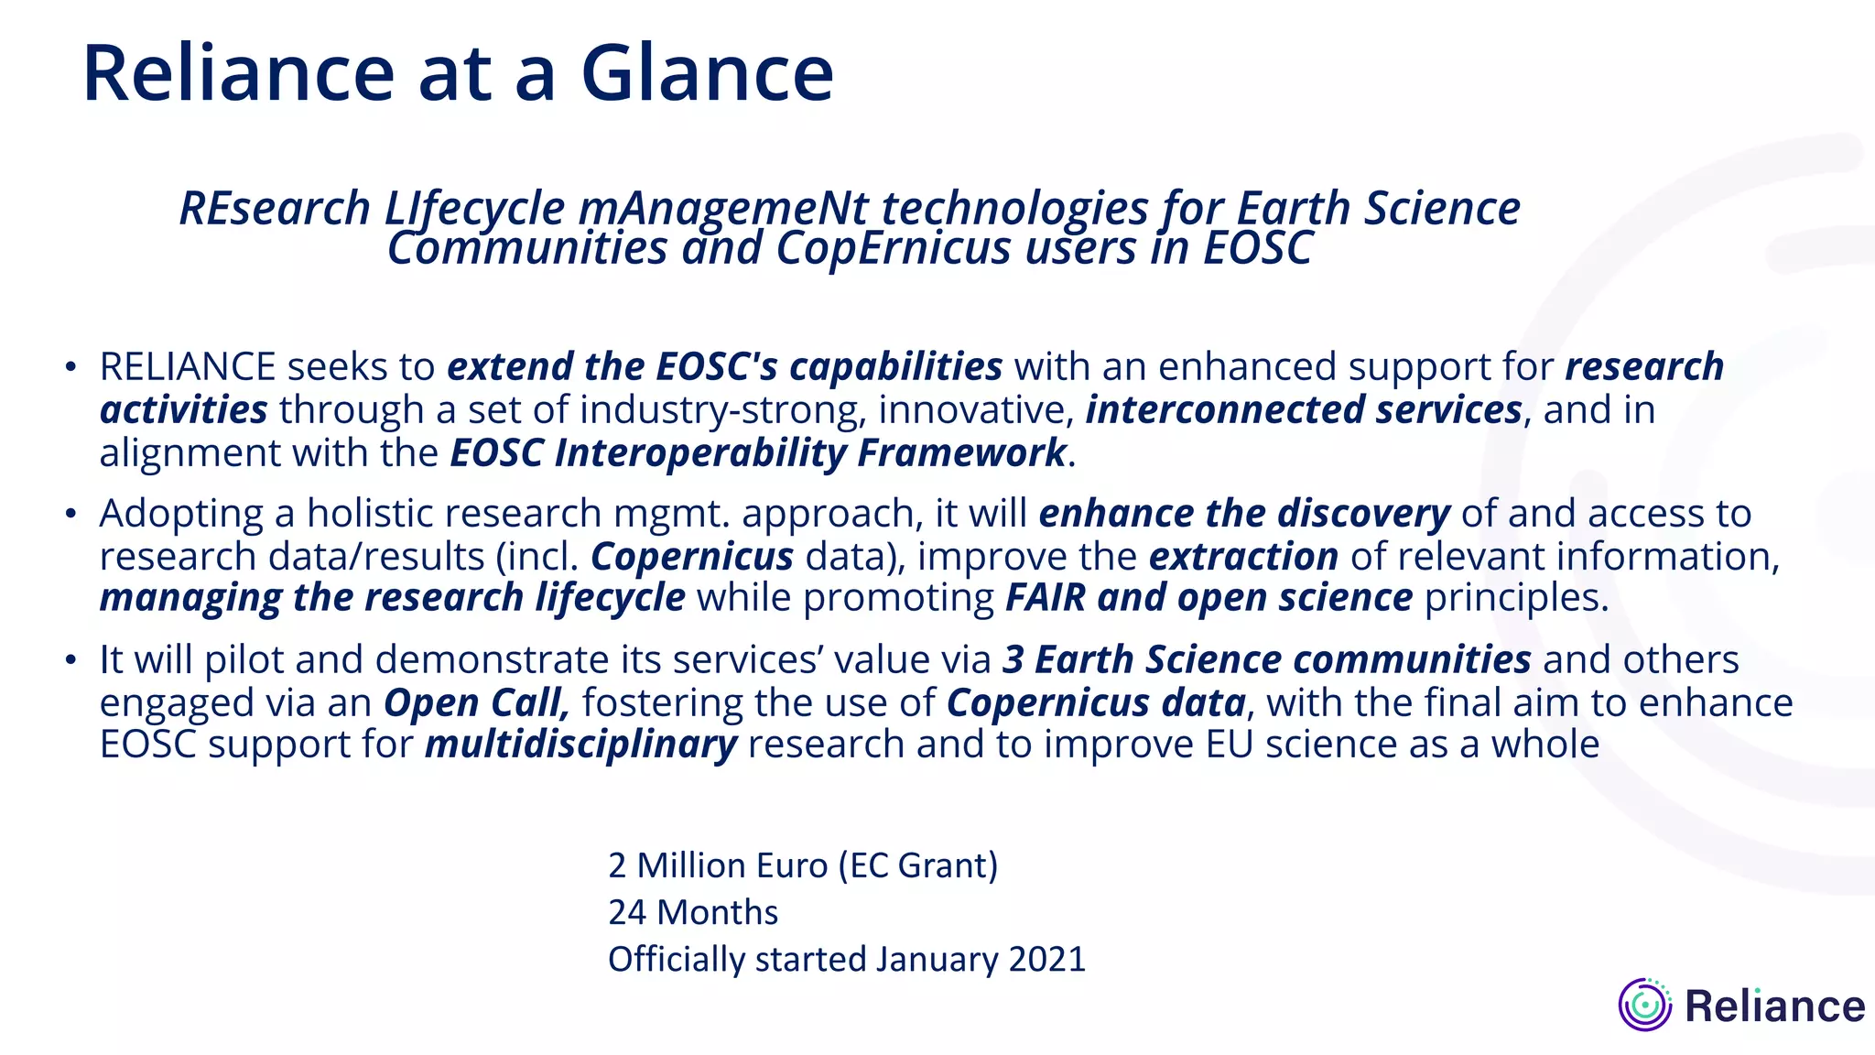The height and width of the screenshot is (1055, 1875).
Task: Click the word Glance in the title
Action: (x=707, y=73)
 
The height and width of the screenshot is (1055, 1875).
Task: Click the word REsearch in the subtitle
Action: (x=275, y=208)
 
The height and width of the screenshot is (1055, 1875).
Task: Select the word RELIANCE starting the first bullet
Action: (x=188, y=366)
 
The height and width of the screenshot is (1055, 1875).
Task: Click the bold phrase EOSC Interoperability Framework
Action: (x=758, y=452)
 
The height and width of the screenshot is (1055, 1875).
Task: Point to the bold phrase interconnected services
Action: (x=1304, y=409)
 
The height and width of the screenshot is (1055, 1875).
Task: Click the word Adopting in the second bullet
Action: (x=181, y=513)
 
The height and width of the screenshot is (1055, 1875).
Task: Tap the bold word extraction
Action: (x=1243, y=556)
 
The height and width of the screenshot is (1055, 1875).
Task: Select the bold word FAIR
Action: (x=1045, y=597)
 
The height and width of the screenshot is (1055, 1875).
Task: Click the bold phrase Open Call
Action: (x=476, y=702)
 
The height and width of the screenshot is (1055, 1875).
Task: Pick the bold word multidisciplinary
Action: (x=580, y=744)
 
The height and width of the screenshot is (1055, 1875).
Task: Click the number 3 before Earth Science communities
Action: (x=1013, y=659)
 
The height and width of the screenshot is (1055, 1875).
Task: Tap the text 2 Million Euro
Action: (x=717, y=865)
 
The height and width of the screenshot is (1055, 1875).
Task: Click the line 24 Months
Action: (x=693, y=912)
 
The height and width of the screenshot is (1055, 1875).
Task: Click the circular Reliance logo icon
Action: (x=1645, y=1005)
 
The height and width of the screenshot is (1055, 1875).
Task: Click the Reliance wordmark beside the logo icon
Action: (x=1774, y=1006)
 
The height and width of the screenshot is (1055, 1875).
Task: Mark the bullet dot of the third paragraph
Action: (x=70, y=659)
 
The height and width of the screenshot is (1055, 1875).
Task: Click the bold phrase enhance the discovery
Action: (x=1243, y=513)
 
